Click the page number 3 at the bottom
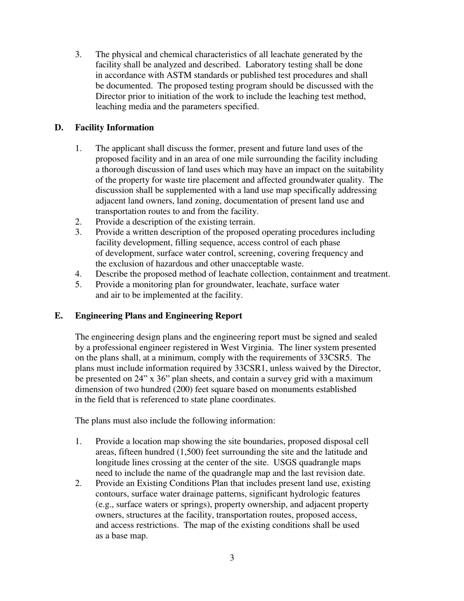tap(232, 558)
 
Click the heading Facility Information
tap(114, 128)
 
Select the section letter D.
tap(59, 128)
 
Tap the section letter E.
tap(59, 316)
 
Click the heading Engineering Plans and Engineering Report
tap(158, 316)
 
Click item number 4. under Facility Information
tap(78, 274)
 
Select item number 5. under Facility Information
tap(78, 285)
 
